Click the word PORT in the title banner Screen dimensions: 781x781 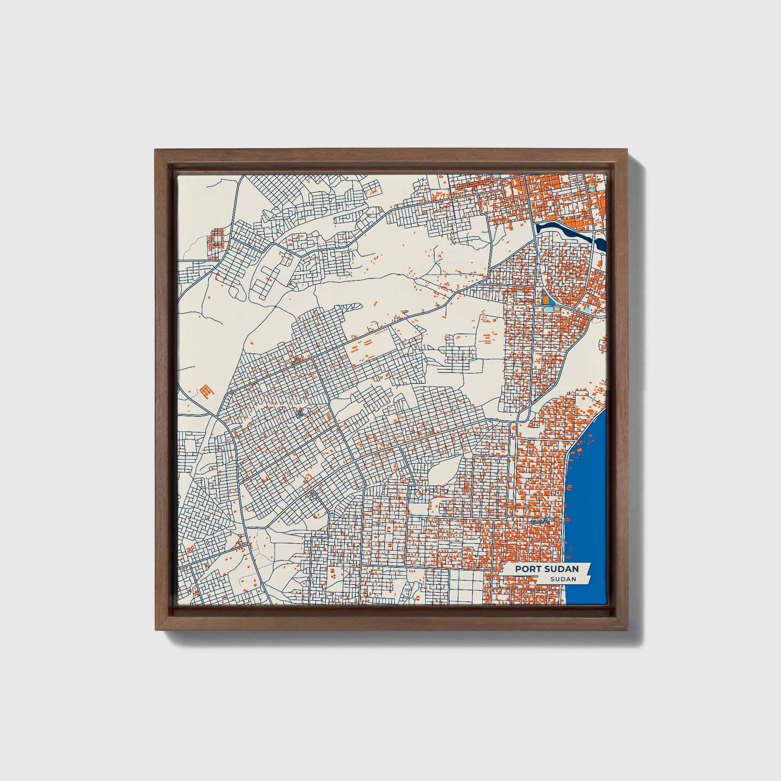(x=527, y=569)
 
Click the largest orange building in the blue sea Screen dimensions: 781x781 (x=579, y=450)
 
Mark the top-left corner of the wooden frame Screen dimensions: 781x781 (x=156, y=150)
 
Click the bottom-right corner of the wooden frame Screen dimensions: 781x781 (x=628, y=630)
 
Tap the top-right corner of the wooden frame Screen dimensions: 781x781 (x=628, y=150)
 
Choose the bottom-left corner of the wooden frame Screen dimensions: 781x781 (x=156, y=630)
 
